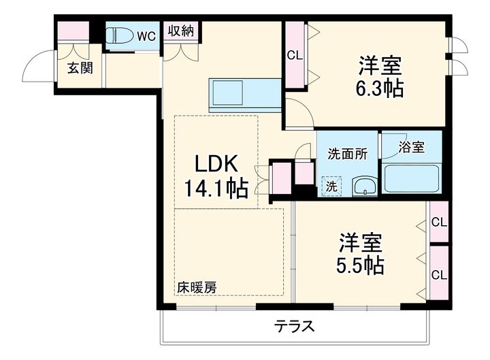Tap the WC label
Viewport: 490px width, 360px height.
pos(146,37)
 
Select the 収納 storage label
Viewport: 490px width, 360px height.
pos(181,31)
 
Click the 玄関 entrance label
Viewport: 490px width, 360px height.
pos(80,68)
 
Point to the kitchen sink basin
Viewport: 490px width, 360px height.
pos(228,93)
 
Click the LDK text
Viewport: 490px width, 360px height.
pos(216,164)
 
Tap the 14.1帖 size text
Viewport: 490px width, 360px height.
pos(216,188)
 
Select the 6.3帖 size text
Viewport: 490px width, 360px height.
pos(379,88)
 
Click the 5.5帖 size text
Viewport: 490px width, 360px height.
pos(360,265)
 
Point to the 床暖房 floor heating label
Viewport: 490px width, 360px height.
pos(197,287)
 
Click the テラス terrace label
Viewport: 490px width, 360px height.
pos(294,327)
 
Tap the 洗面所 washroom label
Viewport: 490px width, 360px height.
pos(347,154)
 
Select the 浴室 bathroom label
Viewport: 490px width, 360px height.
pos(411,147)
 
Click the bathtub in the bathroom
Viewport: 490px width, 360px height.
pos(412,179)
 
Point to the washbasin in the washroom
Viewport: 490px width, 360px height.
pos(364,187)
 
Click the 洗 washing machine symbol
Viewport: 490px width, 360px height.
pos(331,186)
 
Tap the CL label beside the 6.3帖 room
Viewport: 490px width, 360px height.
pos(295,56)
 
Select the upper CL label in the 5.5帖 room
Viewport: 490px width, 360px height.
pos(439,223)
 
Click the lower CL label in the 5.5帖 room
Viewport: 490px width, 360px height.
pos(439,276)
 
